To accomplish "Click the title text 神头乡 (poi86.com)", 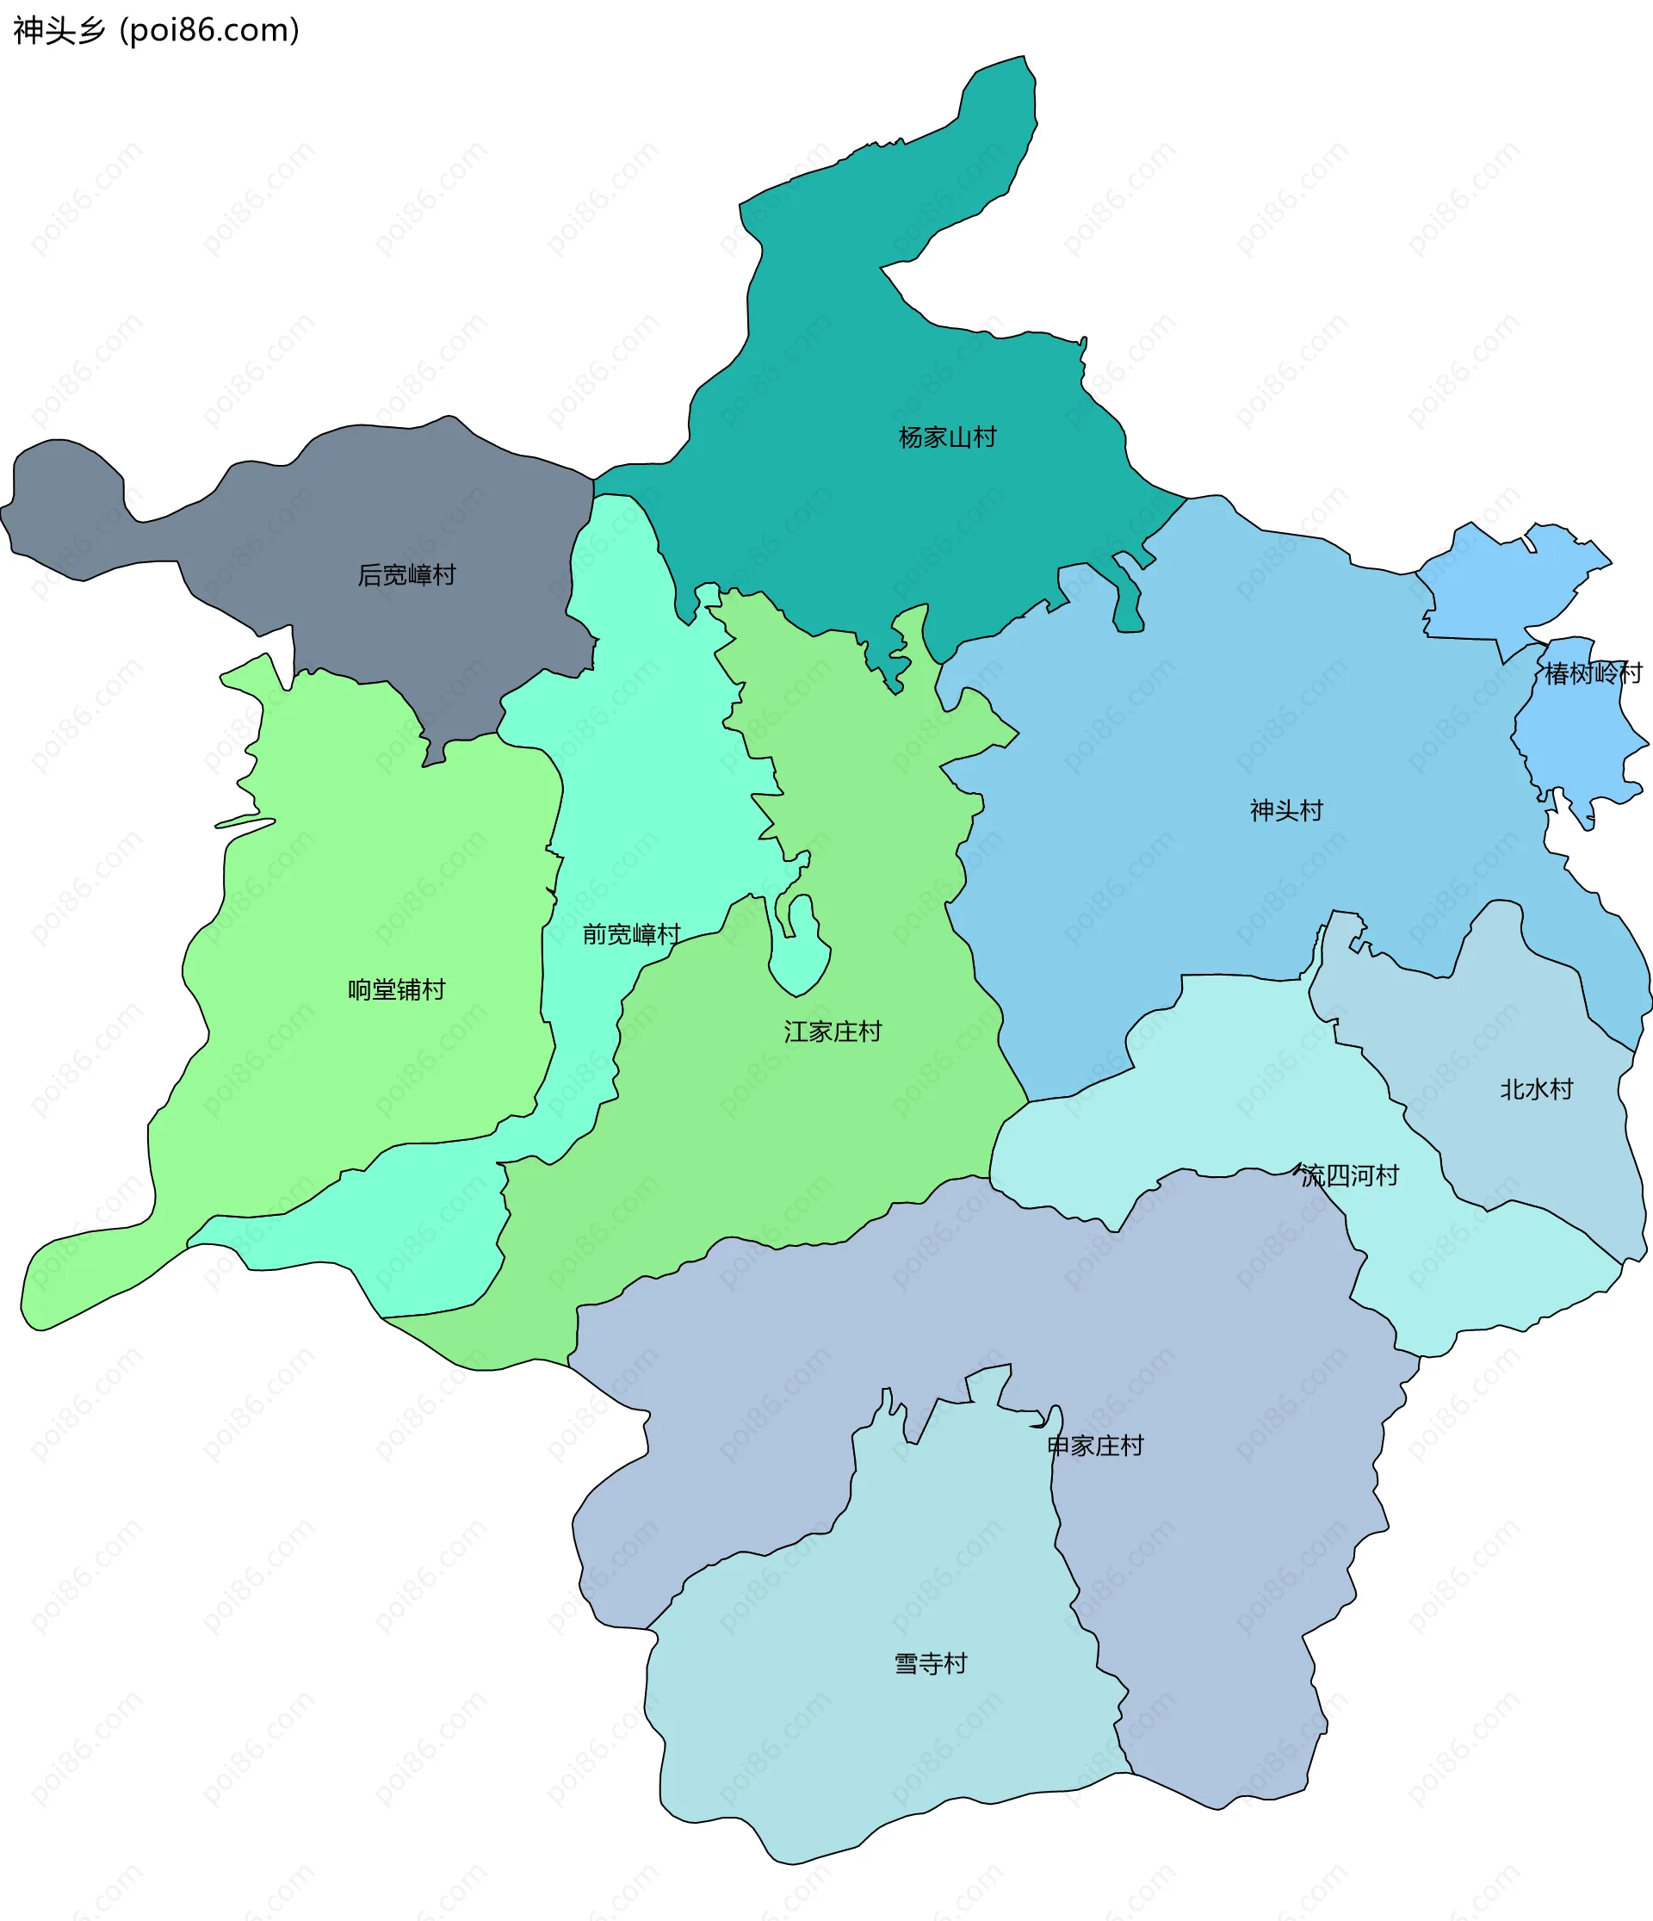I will click(156, 31).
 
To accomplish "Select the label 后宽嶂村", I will click(406, 575).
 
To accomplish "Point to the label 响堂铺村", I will click(396, 989).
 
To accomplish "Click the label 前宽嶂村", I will click(630, 933).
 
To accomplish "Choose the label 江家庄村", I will click(832, 1031).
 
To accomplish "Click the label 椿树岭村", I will click(1592, 673).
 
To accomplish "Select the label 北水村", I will click(1536, 1088).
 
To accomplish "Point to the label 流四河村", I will click(1349, 1175).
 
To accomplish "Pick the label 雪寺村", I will click(930, 1664).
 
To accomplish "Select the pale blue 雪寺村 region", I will click(881, 1762).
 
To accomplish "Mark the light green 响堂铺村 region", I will click(371, 881).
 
